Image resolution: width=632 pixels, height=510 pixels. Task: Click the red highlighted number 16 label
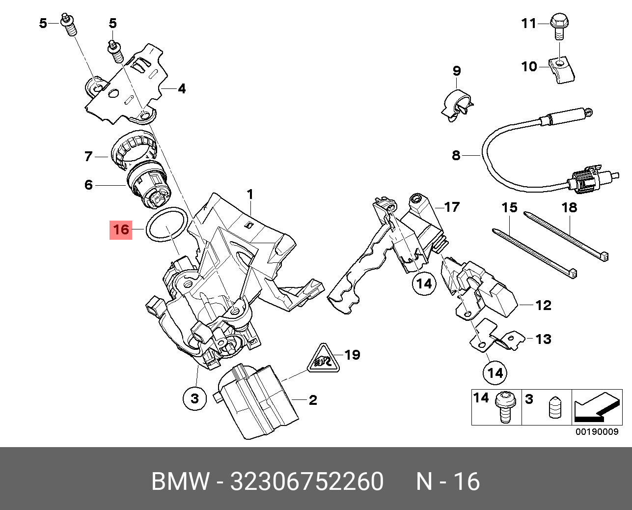[121, 229]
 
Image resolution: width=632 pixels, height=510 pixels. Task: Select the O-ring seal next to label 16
[167, 211]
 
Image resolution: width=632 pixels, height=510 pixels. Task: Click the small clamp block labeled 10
[561, 69]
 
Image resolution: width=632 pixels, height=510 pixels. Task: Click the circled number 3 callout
[194, 397]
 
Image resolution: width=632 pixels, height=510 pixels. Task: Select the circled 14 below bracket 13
[495, 373]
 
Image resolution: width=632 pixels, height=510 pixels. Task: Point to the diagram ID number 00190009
[597, 432]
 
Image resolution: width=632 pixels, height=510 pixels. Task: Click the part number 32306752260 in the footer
[307, 481]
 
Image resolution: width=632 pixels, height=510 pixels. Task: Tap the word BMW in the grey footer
[180, 481]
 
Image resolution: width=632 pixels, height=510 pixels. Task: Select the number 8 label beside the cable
[456, 155]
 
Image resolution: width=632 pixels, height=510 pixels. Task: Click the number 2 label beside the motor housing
[313, 400]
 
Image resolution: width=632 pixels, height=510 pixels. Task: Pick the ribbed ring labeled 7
[133, 147]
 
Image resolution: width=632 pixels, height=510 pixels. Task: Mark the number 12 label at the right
[543, 305]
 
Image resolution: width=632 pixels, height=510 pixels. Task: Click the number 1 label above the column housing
[250, 195]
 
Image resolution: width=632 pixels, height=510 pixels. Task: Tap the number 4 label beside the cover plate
[182, 88]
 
